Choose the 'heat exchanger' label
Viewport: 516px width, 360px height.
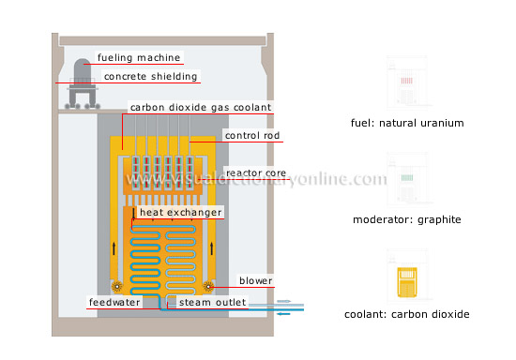click(180, 213)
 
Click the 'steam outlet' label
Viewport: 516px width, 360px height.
click(199, 303)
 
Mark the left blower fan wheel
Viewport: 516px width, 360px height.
click(117, 286)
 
